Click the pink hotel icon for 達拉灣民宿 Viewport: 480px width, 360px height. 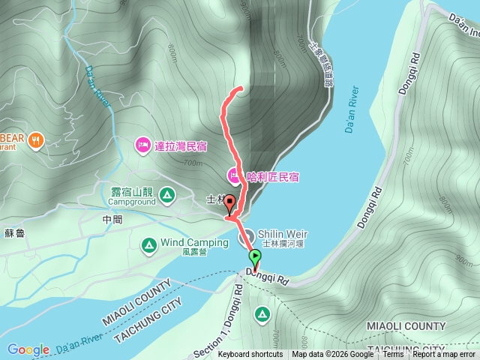[143, 144]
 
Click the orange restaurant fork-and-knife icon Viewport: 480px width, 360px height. [37, 139]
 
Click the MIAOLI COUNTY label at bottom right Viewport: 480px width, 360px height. [406, 326]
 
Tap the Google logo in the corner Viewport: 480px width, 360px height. [28, 349]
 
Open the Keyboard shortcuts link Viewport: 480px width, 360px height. [250, 355]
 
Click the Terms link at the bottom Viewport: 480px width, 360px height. [393, 355]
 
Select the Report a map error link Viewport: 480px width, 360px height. [444, 355]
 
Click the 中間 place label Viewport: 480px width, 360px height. [112, 220]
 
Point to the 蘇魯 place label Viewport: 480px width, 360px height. [14, 234]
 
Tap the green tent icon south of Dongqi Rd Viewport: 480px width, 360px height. [262, 313]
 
